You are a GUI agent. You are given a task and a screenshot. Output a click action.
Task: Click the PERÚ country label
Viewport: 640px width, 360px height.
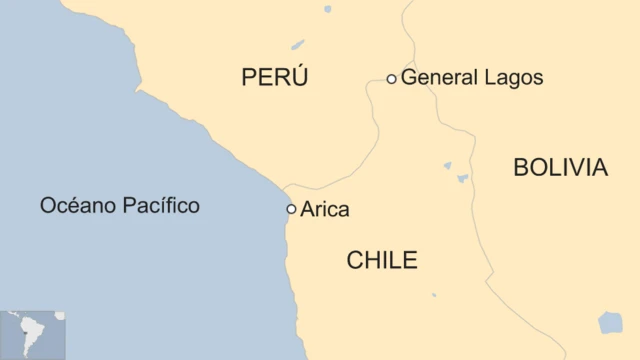[274, 78]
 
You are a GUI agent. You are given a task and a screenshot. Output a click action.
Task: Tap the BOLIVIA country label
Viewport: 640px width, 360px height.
[560, 168]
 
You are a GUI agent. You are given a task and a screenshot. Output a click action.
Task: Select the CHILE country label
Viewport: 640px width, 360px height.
[382, 261]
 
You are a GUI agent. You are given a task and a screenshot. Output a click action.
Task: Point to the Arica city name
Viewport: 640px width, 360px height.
[325, 210]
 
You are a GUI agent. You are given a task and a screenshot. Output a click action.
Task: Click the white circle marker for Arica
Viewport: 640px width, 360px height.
[291, 209]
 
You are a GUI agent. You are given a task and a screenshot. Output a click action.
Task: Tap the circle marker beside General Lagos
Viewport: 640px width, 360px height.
[391, 78]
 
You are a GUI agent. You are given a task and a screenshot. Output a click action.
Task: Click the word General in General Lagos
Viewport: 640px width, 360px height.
[437, 77]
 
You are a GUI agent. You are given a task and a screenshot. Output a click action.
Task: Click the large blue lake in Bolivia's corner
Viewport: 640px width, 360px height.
[610, 323]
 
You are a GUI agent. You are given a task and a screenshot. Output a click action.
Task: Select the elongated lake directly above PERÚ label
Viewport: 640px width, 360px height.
[298, 45]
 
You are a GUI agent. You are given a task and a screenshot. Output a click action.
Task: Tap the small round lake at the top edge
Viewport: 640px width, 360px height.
[327, 9]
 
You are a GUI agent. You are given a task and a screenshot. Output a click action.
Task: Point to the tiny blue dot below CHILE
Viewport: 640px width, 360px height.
[433, 295]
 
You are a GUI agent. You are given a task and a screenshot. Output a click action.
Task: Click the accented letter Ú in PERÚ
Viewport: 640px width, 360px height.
[299, 77]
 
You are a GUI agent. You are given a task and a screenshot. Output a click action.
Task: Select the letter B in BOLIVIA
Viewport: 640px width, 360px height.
[521, 168]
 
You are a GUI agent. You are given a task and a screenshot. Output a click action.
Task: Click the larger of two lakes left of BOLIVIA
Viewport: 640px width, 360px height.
[463, 179]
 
